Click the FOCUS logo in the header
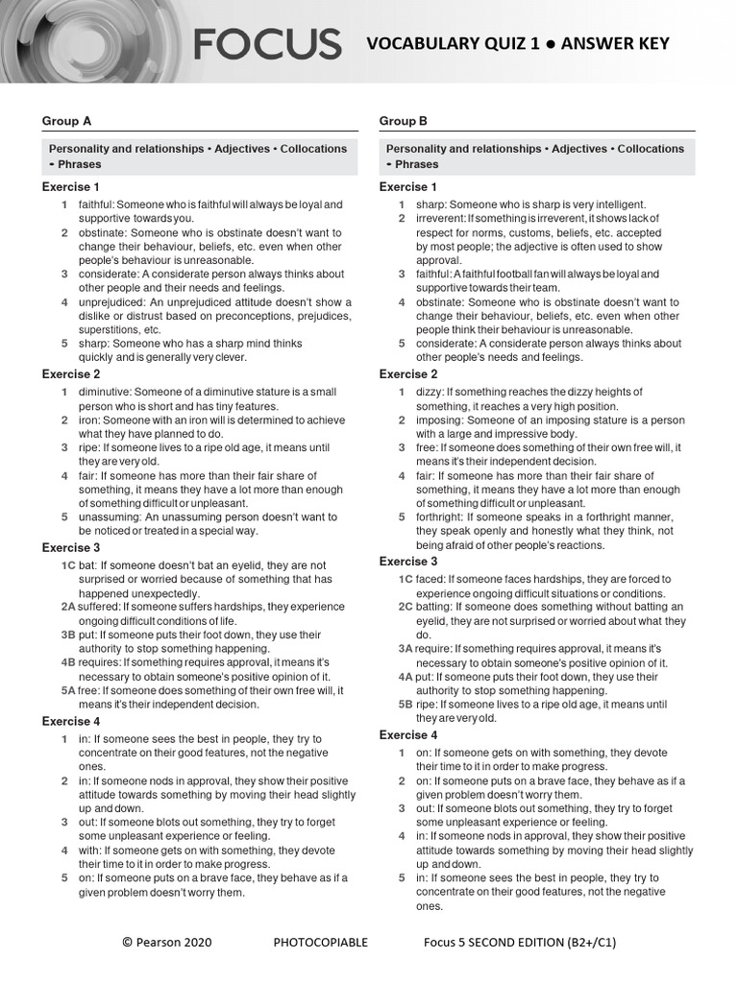click(x=267, y=44)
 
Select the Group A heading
click(x=66, y=121)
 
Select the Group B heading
click(x=404, y=121)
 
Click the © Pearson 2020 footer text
click(x=167, y=942)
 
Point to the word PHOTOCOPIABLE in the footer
click(x=320, y=942)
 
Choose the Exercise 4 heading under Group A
click(x=71, y=721)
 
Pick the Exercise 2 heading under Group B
click(x=408, y=373)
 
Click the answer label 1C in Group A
click(x=68, y=565)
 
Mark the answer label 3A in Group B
click(x=406, y=649)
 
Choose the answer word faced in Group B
click(x=430, y=579)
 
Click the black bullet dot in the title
click(x=548, y=44)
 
